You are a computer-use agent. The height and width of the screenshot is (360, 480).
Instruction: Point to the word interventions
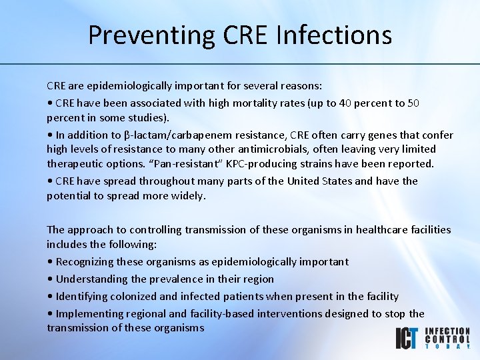(294, 313)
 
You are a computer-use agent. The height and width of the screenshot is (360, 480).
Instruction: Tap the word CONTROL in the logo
(447, 339)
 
